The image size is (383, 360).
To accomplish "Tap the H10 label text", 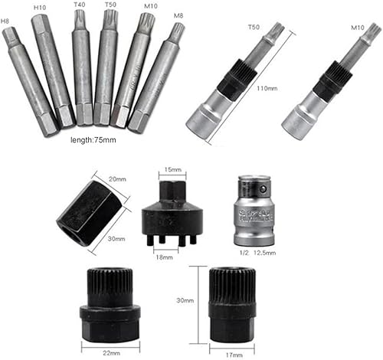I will [x=41, y=7].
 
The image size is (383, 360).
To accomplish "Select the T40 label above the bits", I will [x=79, y=5].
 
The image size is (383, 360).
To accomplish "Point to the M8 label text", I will [x=178, y=15].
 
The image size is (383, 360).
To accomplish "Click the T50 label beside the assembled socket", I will [x=254, y=28].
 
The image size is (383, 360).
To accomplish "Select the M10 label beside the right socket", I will [x=358, y=27].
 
